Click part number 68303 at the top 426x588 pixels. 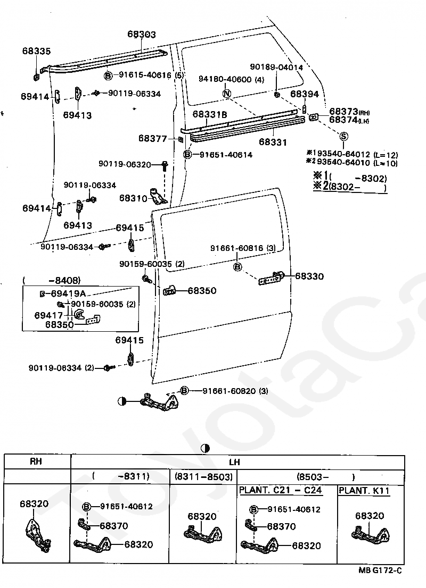click(142, 34)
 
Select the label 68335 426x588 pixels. click(36, 51)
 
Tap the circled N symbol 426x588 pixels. click(227, 94)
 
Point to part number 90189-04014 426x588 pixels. click(276, 67)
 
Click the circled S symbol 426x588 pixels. click(344, 136)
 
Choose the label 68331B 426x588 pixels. click(210, 114)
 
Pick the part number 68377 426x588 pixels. click(152, 138)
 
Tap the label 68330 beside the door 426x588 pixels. click(309, 276)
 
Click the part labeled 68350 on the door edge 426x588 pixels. click(169, 290)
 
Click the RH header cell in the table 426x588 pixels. click(36, 461)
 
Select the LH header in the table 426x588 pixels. click(234, 462)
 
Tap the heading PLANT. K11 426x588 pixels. click(364, 491)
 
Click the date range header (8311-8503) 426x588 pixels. click(203, 477)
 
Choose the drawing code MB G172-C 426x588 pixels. click(380, 570)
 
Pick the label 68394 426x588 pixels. click(304, 94)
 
